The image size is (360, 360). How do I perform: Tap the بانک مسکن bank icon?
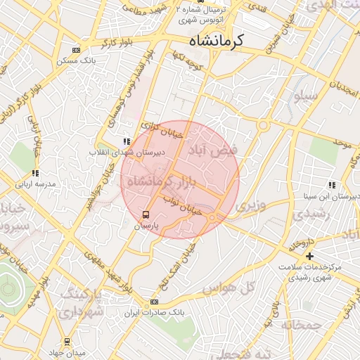coord(76,51)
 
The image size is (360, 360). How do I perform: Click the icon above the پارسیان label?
coord(146,214)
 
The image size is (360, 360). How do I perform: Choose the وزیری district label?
coord(252,207)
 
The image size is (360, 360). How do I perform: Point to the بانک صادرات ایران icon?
coord(155,302)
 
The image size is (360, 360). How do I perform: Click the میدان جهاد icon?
coord(67,342)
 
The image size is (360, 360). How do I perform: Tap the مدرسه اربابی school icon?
coord(34,173)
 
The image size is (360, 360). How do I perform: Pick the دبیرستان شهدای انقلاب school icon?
coord(127,141)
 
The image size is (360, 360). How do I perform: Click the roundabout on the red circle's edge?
coord(212,218)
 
